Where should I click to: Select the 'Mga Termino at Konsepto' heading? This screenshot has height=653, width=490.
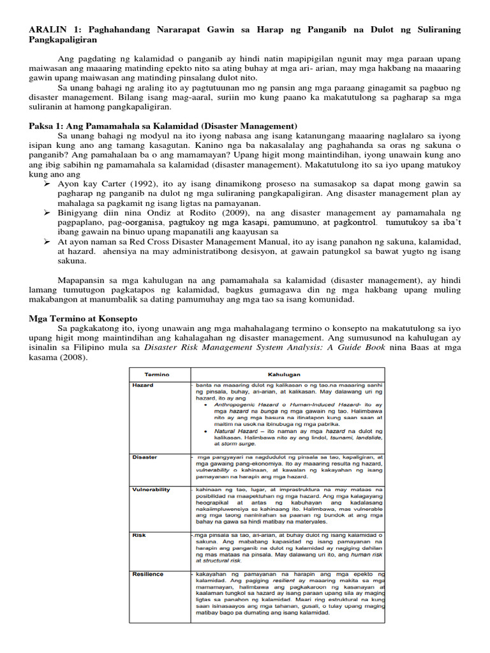pyautogui.click(x=83, y=318)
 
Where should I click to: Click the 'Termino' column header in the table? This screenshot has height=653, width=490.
pyautogui.click(x=157, y=374)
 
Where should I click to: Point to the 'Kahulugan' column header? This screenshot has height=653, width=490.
pyautogui.click(x=285, y=374)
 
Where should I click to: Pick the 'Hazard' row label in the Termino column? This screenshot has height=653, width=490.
pyautogui.click(x=143, y=385)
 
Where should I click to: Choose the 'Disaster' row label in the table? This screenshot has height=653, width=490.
pyautogui.click(x=145, y=457)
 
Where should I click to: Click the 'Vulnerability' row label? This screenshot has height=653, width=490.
pyautogui.click(x=151, y=489)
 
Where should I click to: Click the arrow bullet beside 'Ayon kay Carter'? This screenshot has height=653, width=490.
pyautogui.click(x=47, y=183)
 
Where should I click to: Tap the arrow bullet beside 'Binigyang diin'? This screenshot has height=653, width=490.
pyautogui.click(x=47, y=212)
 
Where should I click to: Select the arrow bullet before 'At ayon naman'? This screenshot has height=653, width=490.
pyautogui.click(x=47, y=242)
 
